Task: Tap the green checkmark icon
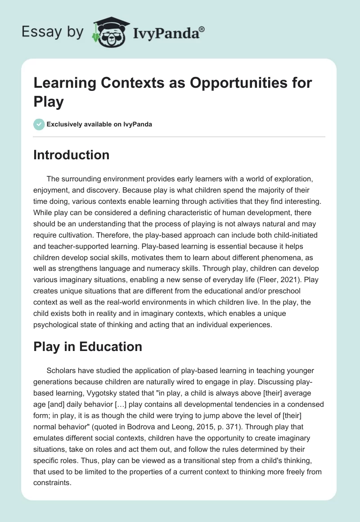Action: point(39,124)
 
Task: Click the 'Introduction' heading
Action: point(72,155)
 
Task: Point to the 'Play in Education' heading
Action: point(88,346)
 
